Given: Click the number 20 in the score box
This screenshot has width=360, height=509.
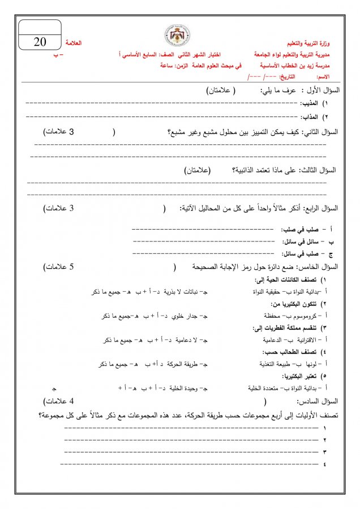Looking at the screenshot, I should tap(40, 42).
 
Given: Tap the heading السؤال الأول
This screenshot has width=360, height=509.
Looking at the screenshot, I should tap(322, 90).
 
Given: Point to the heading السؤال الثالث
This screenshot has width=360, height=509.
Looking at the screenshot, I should tap(320, 171).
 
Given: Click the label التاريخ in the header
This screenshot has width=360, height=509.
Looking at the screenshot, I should tap(288, 76).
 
